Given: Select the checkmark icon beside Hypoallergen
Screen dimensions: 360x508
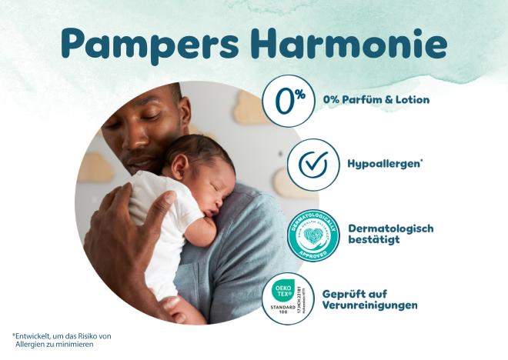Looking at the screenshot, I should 313,165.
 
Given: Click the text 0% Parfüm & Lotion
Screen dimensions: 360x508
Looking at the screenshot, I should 376,100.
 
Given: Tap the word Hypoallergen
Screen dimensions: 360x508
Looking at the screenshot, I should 382,165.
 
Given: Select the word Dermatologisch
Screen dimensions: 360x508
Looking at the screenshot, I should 391,228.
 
